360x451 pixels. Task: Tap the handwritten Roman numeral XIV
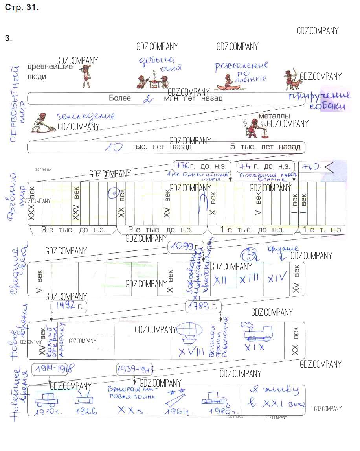(x=277, y=278)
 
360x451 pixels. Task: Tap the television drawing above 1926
(x=83, y=399)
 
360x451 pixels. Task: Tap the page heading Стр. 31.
(x=22, y=7)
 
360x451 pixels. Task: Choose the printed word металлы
(x=274, y=116)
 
